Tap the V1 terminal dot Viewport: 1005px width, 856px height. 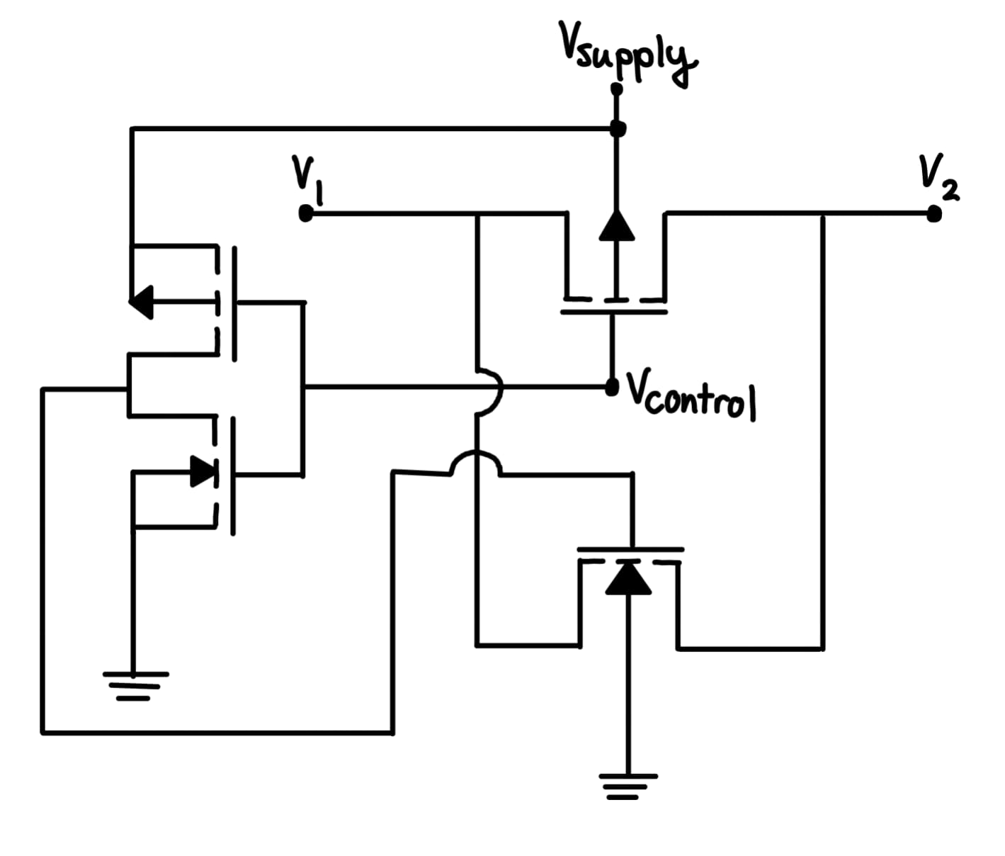[x=305, y=213]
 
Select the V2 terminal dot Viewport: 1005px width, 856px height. [x=934, y=213]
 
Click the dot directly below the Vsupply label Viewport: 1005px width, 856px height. [x=616, y=89]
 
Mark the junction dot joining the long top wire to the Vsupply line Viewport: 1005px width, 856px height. [x=618, y=129]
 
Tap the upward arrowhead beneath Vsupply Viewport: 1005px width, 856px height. [x=616, y=225]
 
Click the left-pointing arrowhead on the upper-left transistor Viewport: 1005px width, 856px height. [x=141, y=302]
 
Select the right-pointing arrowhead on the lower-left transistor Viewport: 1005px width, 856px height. [x=203, y=471]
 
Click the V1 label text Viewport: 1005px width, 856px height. [x=306, y=178]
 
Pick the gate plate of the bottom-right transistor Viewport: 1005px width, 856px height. [x=630, y=548]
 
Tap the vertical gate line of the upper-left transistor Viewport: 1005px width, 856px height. [x=233, y=303]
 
